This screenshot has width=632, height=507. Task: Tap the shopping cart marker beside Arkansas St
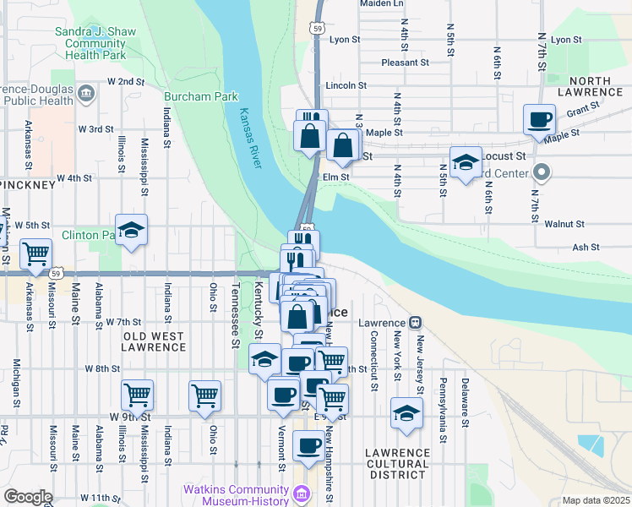35,253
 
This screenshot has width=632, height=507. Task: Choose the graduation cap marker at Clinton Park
131,230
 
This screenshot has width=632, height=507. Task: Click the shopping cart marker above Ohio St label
205,395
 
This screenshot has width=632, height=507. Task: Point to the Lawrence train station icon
415,323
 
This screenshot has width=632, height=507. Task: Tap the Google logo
27,497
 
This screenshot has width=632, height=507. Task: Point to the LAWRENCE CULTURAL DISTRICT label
397,464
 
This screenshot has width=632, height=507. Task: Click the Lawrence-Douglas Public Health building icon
84,92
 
